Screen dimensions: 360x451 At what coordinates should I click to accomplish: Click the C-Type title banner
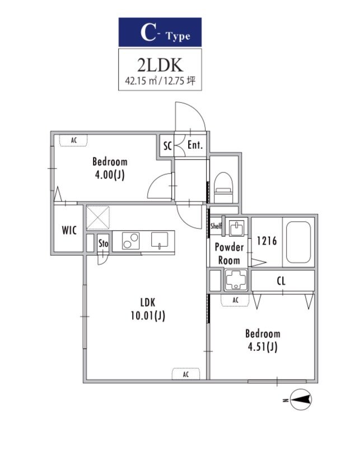click(x=160, y=32)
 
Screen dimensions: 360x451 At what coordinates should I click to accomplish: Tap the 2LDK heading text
click(x=160, y=65)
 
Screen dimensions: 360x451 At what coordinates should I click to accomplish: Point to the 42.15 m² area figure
click(x=141, y=81)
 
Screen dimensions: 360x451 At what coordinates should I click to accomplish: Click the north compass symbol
click(x=301, y=400)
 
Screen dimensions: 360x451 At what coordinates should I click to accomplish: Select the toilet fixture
click(x=223, y=187)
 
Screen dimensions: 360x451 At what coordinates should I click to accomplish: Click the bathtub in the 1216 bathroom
click(x=298, y=242)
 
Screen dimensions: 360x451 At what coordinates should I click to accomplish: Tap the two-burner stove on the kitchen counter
click(x=131, y=241)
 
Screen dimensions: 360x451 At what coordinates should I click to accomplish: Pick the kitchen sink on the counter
click(x=160, y=240)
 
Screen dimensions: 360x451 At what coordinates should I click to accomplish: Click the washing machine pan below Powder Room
click(x=236, y=280)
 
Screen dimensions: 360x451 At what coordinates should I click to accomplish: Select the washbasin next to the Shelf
click(x=236, y=228)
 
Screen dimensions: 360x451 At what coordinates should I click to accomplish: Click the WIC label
click(x=69, y=230)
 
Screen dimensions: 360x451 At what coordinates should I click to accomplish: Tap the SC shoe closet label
click(x=167, y=146)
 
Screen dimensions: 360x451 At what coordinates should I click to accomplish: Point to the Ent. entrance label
click(x=195, y=145)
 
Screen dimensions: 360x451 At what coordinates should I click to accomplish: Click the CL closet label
click(x=281, y=281)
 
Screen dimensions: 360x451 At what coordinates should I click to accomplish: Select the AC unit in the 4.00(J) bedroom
click(x=74, y=140)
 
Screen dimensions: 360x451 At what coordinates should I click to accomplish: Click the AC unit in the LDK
click(x=186, y=374)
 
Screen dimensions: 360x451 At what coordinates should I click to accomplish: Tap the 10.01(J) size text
click(x=148, y=316)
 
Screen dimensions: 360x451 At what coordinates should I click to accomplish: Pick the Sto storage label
click(x=104, y=243)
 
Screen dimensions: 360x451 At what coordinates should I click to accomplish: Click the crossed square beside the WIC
click(x=98, y=218)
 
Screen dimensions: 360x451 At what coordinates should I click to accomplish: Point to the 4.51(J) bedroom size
click(x=263, y=347)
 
